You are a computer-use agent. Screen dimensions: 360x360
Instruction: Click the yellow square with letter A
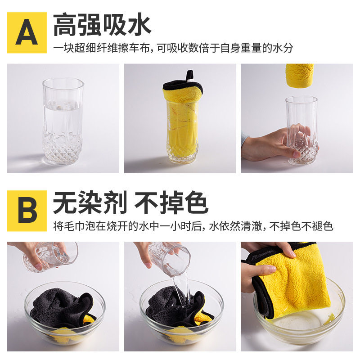coord(27,32)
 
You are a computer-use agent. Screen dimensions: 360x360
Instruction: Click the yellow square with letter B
coord(27,211)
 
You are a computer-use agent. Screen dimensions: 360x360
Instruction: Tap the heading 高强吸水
coord(102,25)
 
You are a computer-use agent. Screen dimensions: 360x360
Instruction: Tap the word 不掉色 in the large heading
coord(171,202)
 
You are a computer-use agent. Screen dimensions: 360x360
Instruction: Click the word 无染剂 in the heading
coord(90,202)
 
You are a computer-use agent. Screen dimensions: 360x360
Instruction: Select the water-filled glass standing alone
coord(63,121)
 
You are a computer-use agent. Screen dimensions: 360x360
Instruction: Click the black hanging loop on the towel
coord(190,76)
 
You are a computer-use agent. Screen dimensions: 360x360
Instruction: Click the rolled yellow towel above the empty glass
coord(300,75)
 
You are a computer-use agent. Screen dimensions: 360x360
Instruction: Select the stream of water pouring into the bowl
coord(181,290)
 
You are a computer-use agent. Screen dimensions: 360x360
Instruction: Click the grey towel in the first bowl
coord(62,307)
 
